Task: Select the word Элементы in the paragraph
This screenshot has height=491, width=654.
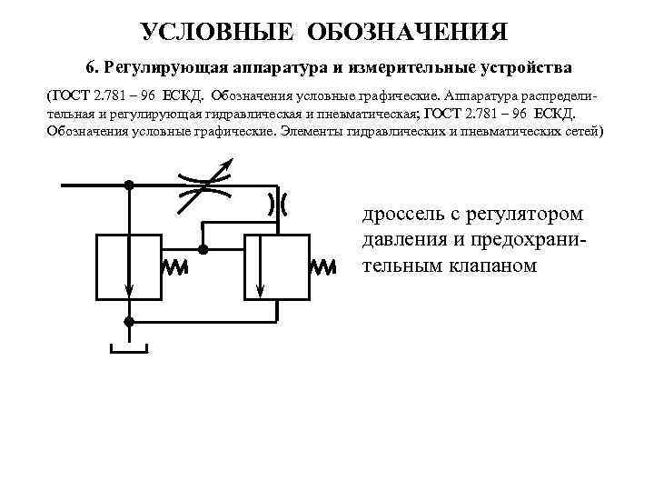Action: coord(317,132)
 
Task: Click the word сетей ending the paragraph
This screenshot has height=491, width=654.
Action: coord(578,132)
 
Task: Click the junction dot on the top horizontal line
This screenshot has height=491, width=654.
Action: coord(129,185)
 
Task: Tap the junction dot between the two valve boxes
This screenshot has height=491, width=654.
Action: coord(204,247)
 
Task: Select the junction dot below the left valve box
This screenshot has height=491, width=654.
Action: coord(129,322)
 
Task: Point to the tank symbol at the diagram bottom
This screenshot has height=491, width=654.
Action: coord(129,349)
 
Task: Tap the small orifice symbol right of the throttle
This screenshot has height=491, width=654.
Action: coord(277,204)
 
